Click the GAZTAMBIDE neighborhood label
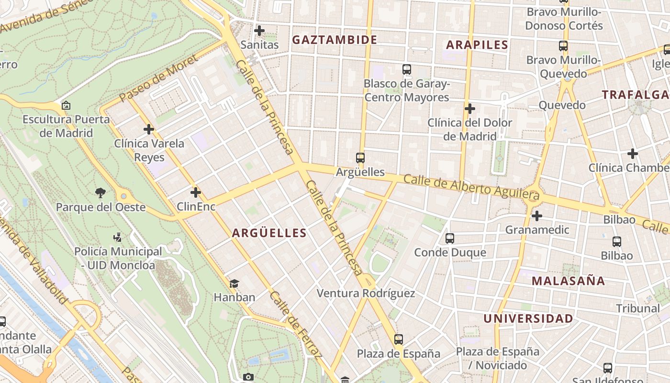tap(335, 40)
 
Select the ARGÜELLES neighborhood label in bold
tap(269, 233)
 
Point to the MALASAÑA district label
tap(569, 281)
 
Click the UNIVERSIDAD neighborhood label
tap(528, 319)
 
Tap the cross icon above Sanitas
tap(259, 31)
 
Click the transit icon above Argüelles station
tap(360, 158)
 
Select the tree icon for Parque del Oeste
tap(100, 193)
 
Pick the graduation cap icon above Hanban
tap(234, 283)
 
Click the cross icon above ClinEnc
tap(196, 192)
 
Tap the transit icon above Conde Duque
tap(450, 238)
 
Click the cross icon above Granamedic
tap(537, 216)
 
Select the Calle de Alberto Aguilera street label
tap(471, 187)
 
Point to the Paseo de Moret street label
tap(158, 79)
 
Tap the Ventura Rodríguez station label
tap(366, 293)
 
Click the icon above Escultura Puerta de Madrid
tap(66, 105)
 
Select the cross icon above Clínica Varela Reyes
tap(149, 129)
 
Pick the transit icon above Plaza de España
tap(399, 339)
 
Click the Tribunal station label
tap(637, 308)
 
